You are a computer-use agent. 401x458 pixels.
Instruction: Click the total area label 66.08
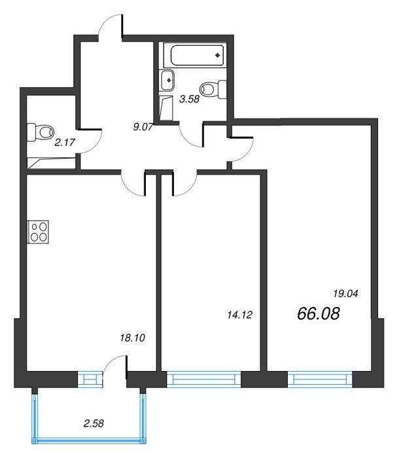(x=319, y=313)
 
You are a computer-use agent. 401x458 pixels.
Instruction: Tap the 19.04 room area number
(x=345, y=294)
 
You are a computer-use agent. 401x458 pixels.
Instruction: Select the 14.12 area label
(x=240, y=315)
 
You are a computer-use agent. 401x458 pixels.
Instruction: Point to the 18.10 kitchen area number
(x=133, y=338)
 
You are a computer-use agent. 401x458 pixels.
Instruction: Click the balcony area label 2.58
(x=94, y=423)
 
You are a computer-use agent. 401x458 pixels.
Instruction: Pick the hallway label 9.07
(x=143, y=127)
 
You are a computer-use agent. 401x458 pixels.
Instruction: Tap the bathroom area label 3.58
(x=190, y=99)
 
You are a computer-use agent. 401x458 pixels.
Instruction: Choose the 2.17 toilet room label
(x=65, y=143)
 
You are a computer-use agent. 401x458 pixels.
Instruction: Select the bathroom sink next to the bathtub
(x=167, y=80)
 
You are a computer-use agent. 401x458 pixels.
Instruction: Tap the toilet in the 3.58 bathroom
(x=213, y=90)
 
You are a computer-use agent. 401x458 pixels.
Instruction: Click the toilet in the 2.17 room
(x=41, y=132)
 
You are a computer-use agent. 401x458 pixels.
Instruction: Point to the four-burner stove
(x=38, y=232)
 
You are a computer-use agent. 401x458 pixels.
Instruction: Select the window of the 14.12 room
(x=204, y=379)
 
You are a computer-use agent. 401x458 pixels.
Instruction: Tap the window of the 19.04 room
(x=320, y=379)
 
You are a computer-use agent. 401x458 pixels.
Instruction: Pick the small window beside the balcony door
(x=90, y=379)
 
